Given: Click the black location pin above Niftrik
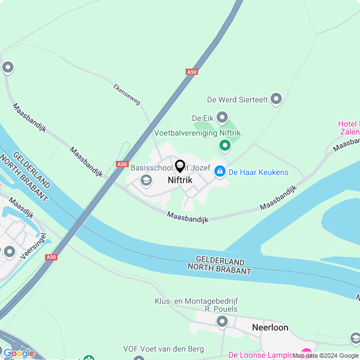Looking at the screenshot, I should tap(180, 166).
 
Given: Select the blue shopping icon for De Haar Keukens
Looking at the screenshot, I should tap(219, 171).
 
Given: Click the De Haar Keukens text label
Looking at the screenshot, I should tap(258, 172).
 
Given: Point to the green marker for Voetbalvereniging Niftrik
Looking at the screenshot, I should tap(225, 146).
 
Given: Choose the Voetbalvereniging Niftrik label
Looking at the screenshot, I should tap(197, 133).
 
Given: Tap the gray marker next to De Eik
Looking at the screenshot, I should tap(222, 118).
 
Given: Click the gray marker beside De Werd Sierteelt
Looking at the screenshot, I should tap(276, 100).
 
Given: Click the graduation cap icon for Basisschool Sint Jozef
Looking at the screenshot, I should tap(146, 180).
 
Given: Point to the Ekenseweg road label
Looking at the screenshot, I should tap(127, 94).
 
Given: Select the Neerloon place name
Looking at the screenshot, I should tap(270, 327).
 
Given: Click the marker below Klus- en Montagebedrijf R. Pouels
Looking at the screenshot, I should tap(222, 322).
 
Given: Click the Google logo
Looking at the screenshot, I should tap(19, 353).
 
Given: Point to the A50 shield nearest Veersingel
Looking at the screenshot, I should tap(51, 257).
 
